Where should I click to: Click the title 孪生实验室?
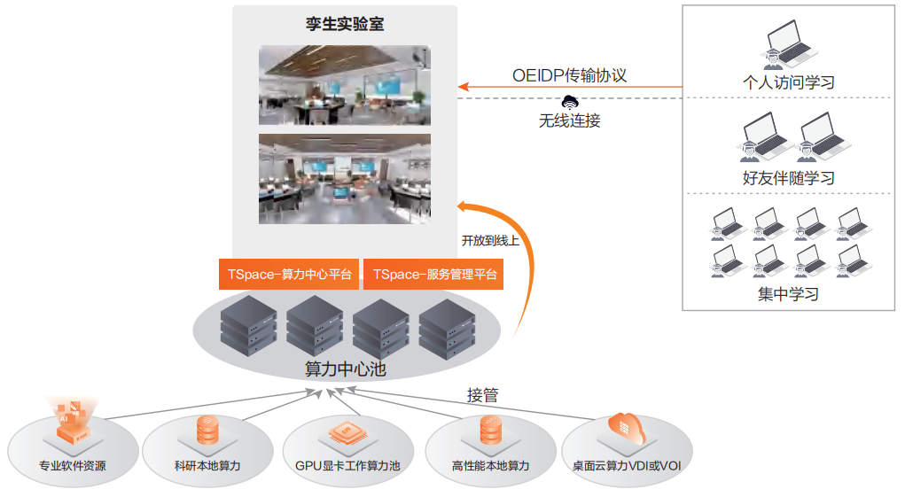coord(345,24)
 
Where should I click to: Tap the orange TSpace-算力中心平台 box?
coord(289,275)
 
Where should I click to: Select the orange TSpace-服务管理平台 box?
coord(433,275)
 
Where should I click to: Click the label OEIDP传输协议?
coord(569,75)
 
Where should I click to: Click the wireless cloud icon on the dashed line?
coord(569,100)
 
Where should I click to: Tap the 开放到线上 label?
coord(490,239)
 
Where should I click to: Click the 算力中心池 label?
coord(345,369)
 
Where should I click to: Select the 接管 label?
coord(482,395)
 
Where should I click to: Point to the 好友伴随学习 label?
coord(788,178)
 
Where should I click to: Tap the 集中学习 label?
coord(788,294)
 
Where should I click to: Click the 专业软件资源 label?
coord(73,465)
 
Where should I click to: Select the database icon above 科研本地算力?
coord(207,431)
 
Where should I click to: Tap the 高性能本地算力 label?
coord(490,465)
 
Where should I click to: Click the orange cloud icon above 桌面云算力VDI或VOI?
coord(627,429)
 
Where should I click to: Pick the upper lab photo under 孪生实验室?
coord(345,85)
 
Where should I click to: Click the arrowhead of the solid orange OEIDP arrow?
coord(463,87)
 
